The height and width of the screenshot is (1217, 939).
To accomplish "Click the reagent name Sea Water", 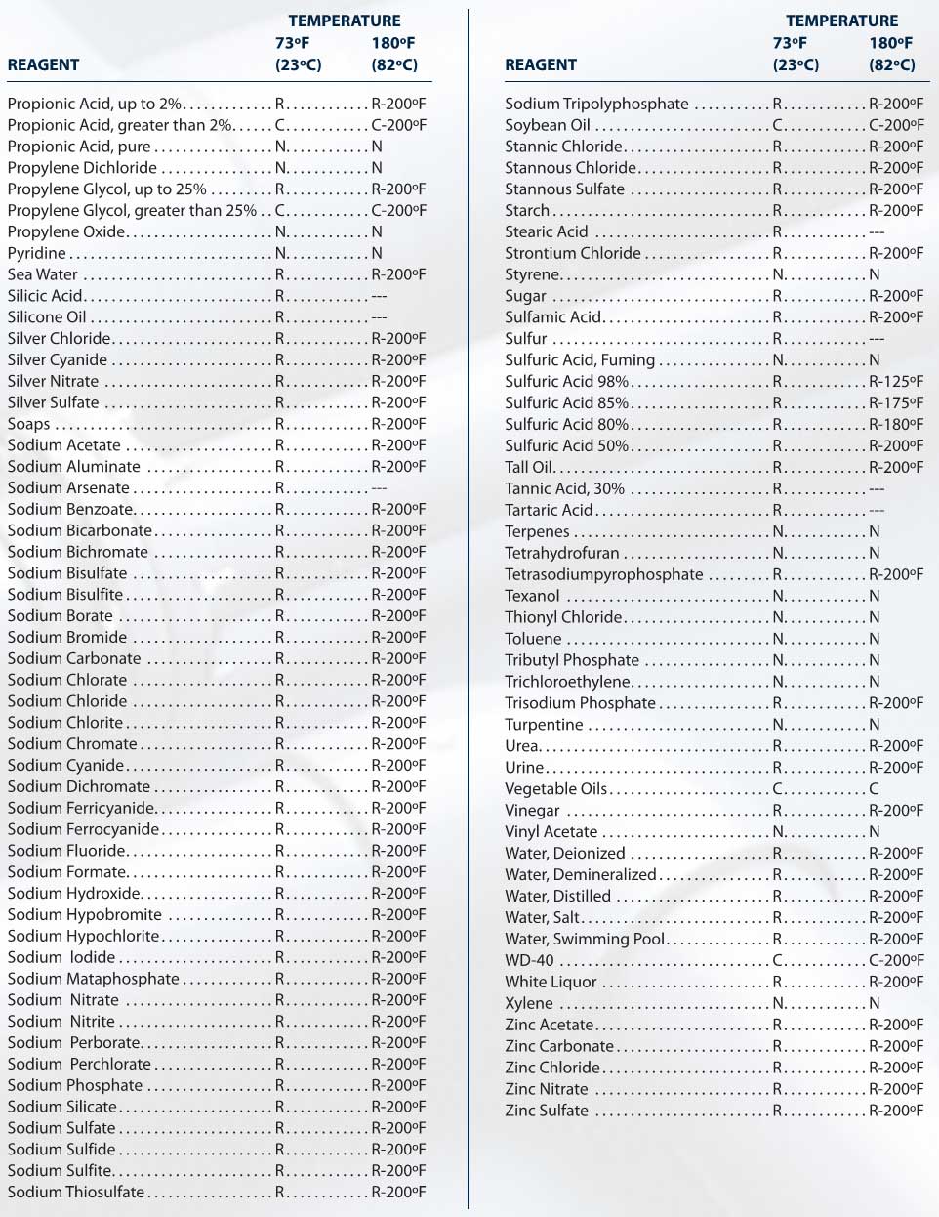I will (43, 274).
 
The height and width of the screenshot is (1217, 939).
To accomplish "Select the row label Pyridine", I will (37, 253).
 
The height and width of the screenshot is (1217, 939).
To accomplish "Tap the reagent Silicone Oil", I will (47, 317).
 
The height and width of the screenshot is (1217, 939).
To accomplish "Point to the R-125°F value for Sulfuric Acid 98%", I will (895, 382).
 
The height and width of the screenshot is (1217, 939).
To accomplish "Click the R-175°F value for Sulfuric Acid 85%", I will (895, 403).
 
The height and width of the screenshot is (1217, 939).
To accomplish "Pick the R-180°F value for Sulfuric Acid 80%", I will (895, 425).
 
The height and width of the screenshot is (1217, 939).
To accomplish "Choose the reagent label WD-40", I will (529, 960).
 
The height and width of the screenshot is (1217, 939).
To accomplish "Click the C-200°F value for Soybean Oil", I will (895, 125).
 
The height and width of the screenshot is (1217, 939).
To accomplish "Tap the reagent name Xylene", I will (529, 1003).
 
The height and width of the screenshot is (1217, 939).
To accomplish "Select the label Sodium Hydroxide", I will (74, 894).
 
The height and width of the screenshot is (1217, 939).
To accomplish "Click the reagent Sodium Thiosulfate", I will (76, 1193).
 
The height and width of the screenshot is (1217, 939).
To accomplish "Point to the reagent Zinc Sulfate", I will (547, 1111).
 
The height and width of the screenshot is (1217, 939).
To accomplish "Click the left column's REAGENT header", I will (43, 65).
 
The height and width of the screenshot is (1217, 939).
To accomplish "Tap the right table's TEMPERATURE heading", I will (841, 21).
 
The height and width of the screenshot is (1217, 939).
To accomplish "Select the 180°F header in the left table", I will (393, 43).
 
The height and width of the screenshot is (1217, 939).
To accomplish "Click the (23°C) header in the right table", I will (796, 65).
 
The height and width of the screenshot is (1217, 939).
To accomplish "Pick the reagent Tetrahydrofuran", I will (561, 553).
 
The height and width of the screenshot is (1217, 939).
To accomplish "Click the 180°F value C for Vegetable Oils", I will (874, 789).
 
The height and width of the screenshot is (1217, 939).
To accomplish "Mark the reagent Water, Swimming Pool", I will (585, 939).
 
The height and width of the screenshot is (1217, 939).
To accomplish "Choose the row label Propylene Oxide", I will (66, 231).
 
